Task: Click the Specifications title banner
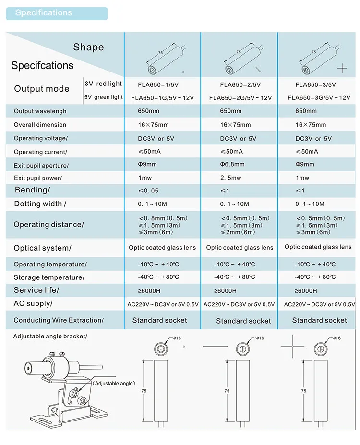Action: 56,13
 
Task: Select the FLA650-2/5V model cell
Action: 240,84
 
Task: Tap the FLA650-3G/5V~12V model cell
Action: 319,98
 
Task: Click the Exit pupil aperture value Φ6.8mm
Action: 232,164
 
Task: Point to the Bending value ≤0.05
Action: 148,191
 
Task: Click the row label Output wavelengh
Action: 40,111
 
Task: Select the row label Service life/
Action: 36,290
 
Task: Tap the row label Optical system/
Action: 42,248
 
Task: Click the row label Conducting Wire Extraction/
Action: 59,320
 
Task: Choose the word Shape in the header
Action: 88,47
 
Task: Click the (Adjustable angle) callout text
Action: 115,383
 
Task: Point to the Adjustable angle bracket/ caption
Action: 50,337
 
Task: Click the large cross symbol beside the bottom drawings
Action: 292,346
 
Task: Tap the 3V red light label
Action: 103,84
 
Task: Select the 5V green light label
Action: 104,97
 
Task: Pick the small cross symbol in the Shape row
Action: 342,69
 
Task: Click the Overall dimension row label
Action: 40,125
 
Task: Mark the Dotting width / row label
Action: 40,204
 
